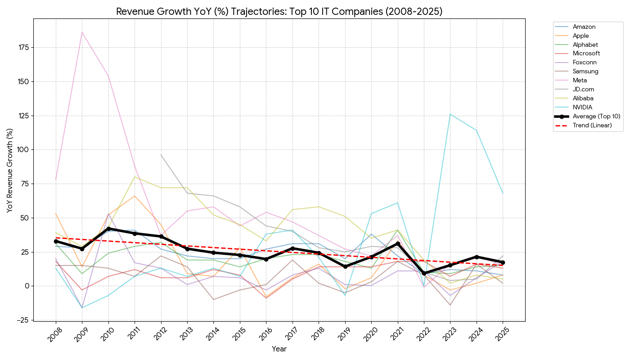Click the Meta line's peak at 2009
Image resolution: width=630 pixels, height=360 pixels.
pyautogui.click(x=82, y=32)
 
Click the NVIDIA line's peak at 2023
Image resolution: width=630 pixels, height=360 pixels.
pyautogui.click(x=450, y=114)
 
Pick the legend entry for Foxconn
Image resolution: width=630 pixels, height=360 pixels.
pyautogui.click(x=585, y=63)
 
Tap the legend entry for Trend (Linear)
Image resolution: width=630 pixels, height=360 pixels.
pyautogui.click(x=592, y=125)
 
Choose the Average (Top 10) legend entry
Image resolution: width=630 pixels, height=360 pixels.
pyautogui.click(x=596, y=116)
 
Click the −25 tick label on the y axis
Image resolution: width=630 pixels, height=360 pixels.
pyautogui.click(x=23, y=320)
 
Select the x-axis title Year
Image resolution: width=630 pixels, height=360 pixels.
pyautogui.click(x=279, y=349)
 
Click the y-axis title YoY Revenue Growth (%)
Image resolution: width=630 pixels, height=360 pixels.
pyautogui.click(x=9, y=170)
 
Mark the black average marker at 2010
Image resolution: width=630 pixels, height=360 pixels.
pyautogui.click(x=108, y=229)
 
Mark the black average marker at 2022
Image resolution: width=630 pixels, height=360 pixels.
pyautogui.click(x=424, y=273)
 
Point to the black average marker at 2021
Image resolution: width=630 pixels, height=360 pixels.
pyautogui.click(x=397, y=243)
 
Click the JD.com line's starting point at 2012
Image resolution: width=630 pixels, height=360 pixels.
pyautogui.click(x=161, y=155)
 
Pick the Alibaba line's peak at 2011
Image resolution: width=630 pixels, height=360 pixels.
pyautogui.click(x=135, y=177)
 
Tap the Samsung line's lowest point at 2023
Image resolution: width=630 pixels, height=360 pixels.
pyautogui.click(x=450, y=305)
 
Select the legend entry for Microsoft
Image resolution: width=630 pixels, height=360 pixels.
pyautogui.click(x=587, y=54)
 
